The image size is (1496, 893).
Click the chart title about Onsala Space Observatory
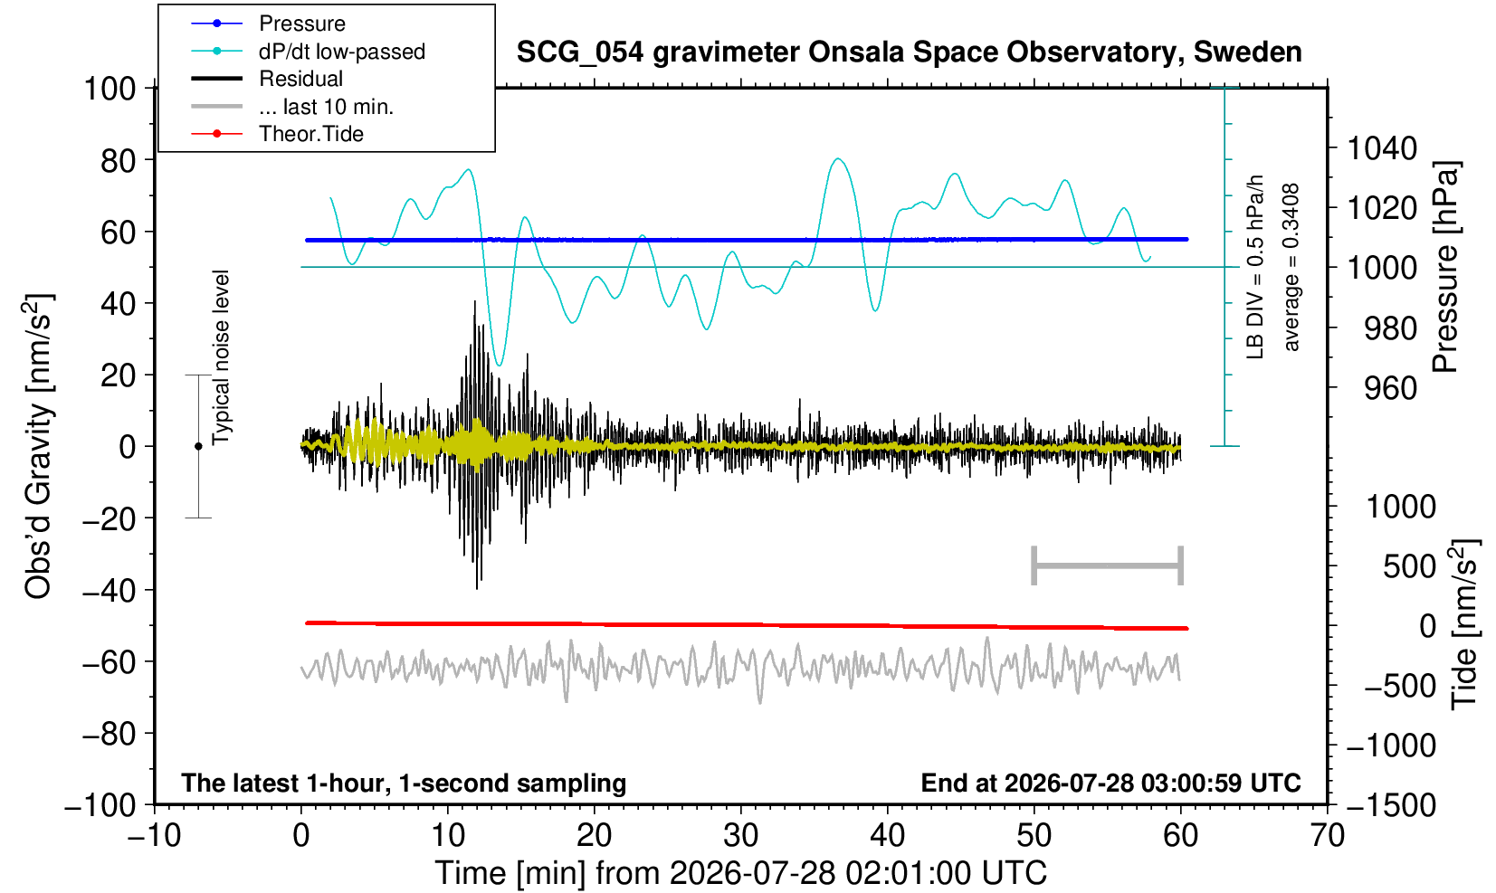click(909, 52)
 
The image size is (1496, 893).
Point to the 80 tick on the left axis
click(119, 161)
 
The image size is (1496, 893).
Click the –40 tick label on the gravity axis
click(110, 591)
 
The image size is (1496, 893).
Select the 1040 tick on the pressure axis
click(1382, 148)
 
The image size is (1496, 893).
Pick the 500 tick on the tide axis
click(1409, 567)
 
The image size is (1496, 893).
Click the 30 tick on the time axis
click(740, 836)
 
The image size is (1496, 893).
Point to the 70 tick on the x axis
click(1327, 836)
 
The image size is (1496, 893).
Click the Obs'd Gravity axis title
click(38, 446)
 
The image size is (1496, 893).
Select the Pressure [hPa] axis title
click(1446, 267)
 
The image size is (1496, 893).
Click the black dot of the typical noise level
click(198, 446)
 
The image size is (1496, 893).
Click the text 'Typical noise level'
click(221, 358)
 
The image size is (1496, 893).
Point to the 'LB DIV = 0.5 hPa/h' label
click(1255, 267)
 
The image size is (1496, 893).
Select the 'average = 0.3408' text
click(1291, 267)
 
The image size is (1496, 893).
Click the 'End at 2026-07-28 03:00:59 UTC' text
click(1110, 783)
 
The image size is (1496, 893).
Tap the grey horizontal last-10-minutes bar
click(1108, 565)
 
